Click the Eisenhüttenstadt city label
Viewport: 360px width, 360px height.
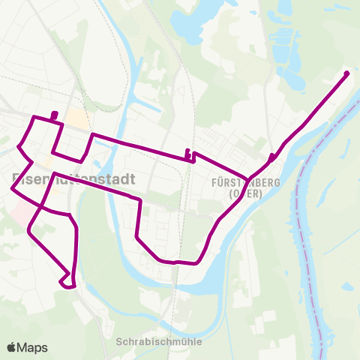pos(73,179)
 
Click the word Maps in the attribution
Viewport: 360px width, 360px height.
pos(32,347)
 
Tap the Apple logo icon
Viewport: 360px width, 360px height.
pos(12,347)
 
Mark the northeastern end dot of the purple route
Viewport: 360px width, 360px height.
pos(346,73)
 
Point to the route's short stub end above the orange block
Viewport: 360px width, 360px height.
pos(55,115)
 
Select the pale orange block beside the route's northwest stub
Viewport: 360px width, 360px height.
pos(76,118)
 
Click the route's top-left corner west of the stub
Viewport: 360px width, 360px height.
pos(32,118)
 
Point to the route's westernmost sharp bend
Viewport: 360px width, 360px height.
pos(12,190)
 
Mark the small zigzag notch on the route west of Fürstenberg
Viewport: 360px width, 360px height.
pos(190,155)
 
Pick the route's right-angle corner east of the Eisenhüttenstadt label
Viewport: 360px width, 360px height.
pos(139,199)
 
